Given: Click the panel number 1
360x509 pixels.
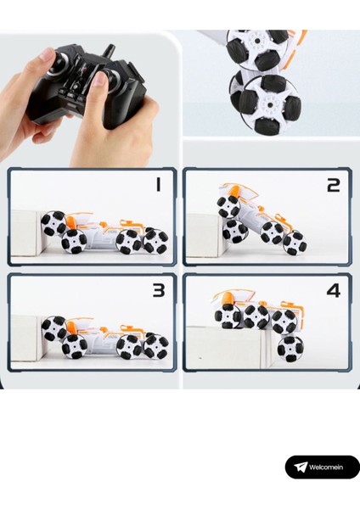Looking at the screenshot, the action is [158, 184].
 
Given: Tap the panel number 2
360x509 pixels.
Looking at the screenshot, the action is [334, 185].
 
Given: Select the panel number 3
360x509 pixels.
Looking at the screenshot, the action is [159, 290].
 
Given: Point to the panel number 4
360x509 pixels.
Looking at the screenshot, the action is [334, 290].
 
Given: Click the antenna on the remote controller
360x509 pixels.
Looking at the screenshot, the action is [109, 52].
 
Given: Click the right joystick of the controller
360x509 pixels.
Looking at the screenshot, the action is [112, 80].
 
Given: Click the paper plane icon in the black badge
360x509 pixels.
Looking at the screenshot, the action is [301, 467].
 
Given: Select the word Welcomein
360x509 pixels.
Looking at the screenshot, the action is [326, 467].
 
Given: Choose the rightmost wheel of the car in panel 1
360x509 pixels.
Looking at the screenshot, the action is [156, 241].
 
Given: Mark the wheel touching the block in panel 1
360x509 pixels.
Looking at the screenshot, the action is [53, 223].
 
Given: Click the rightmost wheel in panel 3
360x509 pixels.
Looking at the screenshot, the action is [156, 346].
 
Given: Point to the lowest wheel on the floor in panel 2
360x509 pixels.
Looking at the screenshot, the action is [295, 243].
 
